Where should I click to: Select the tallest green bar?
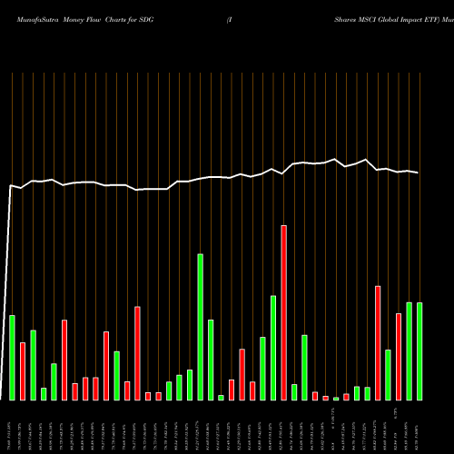[201, 327]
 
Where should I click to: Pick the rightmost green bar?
[419, 350]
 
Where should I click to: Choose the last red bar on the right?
[399, 356]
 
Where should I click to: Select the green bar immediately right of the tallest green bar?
[211, 360]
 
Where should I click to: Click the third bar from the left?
[33, 364]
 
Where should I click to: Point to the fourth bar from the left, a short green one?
[44, 393]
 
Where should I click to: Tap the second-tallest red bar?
[378, 342]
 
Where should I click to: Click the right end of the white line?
[419, 173]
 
